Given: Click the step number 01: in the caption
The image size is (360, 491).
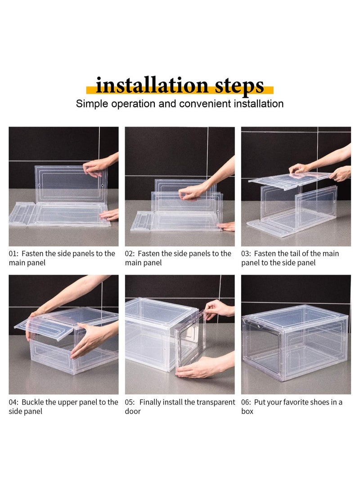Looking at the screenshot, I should click(13, 253).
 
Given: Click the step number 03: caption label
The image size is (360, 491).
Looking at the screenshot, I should click(246, 253).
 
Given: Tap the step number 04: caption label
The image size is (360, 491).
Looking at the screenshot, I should click(14, 402).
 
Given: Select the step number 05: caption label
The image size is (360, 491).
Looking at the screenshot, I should click(130, 402).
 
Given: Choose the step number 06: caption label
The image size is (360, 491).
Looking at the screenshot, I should click(246, 402).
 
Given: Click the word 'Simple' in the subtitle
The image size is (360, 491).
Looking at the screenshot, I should click(92, 104).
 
